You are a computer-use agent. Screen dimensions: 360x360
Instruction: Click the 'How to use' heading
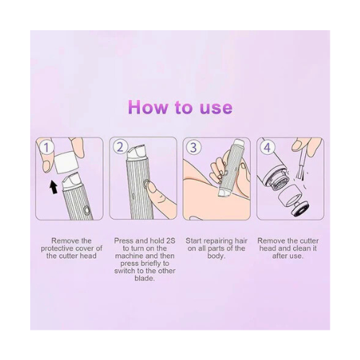pos(180,107)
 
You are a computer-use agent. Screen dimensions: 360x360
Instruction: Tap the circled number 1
pos(47,147)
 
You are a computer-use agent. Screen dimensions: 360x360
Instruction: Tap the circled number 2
pos(120,147)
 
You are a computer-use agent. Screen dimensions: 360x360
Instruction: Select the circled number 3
pos(193,147)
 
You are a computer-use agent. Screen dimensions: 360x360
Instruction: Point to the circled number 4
pos(267,147)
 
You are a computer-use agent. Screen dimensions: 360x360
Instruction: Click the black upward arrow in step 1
pos(53,187)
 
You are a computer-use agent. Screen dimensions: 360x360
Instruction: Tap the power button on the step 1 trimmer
pos(86,210)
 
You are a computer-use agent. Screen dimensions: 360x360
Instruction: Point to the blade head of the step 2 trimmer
pos(137,152)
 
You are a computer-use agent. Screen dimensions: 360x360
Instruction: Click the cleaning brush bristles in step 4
pos(300,174)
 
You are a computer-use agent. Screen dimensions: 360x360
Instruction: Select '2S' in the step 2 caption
pos(171,240)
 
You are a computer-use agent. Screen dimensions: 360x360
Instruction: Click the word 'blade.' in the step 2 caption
pos(145,279)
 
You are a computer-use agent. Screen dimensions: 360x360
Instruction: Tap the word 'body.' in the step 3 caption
pos(217,256)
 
